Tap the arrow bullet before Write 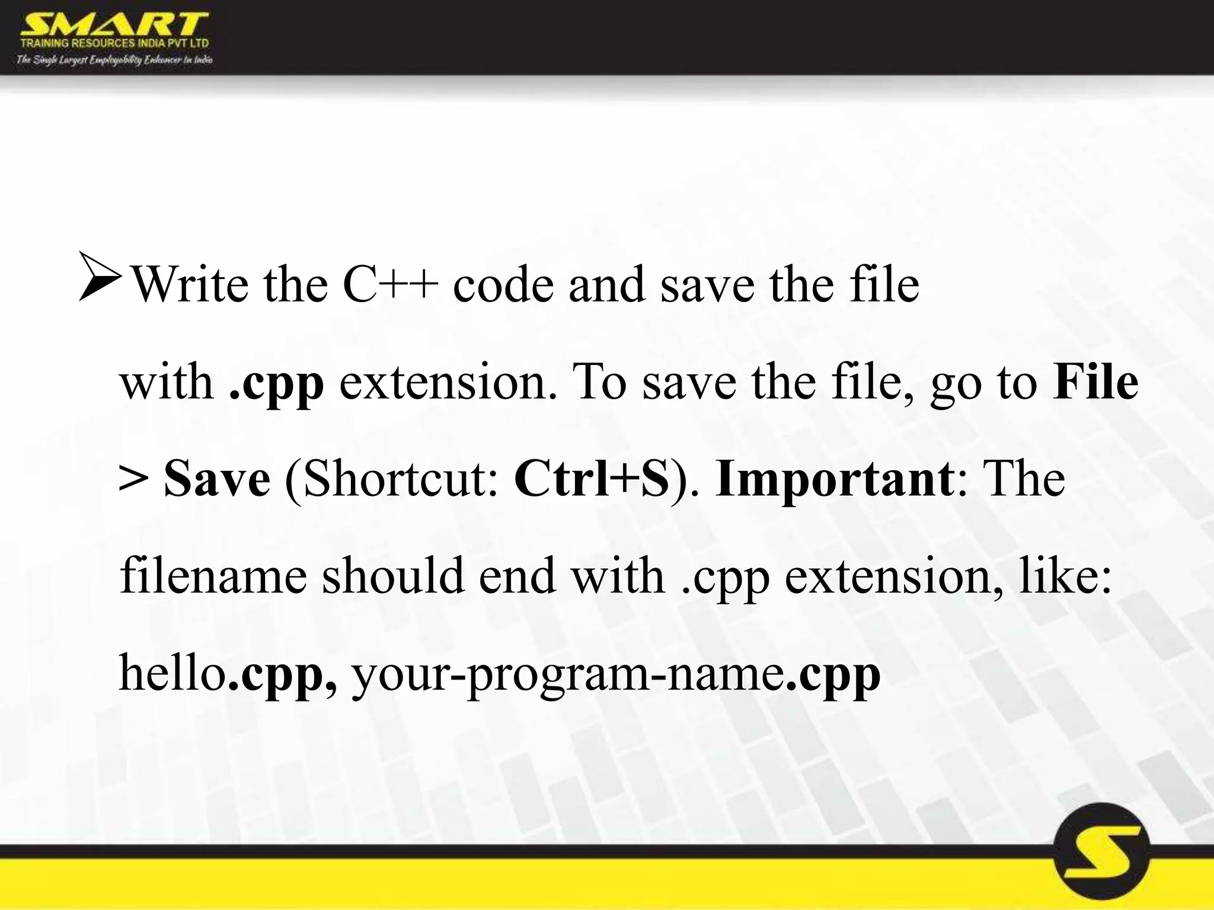pyautogui.click(x=100, y=275)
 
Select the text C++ pyautogui.click(x=390, y=285)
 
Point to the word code pyautogui.click(x=503, y=285)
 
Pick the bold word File pyautogui.click(x=1095, y=382)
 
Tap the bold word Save pyautogui.click(x=216, y=479)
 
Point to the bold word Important pyautogui.click(x=835, y=480)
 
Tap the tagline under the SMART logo pyautogui.click(x=114, y=60)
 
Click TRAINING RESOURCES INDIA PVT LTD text pyautogui.click(x=114, y=43)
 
